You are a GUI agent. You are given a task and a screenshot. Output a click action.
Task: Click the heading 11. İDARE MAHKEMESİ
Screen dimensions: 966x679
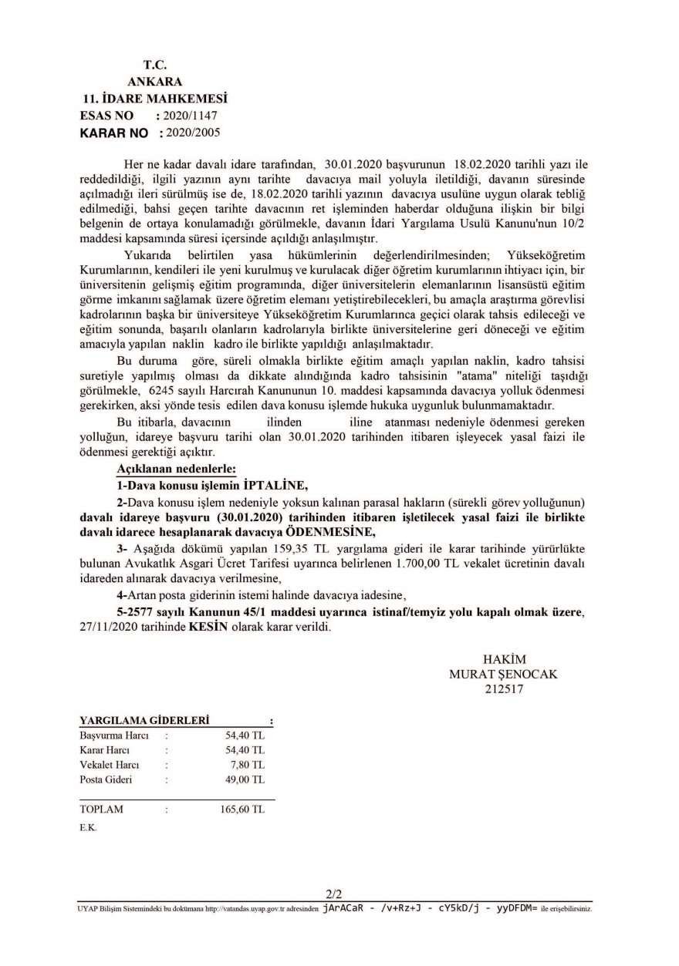click(x=154, y=99)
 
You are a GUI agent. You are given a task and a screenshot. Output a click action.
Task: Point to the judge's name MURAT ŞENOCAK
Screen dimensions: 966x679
click(x=503, y=673)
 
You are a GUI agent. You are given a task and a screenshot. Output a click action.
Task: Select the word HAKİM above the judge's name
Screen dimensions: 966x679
click(x=503, y=659)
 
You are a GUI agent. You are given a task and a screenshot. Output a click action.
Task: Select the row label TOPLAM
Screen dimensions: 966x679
click(x=101, y=809)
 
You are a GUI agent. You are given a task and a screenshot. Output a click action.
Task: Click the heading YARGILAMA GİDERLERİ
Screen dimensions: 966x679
click(x=144, y=720)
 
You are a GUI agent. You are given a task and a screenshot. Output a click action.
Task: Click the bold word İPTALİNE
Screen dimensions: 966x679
click(x=275, y=485)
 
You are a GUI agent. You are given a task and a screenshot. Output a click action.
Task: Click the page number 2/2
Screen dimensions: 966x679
click(x=334, y=894)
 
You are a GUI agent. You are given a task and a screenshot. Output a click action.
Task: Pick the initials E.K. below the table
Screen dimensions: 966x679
click(x=88, y=827)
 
